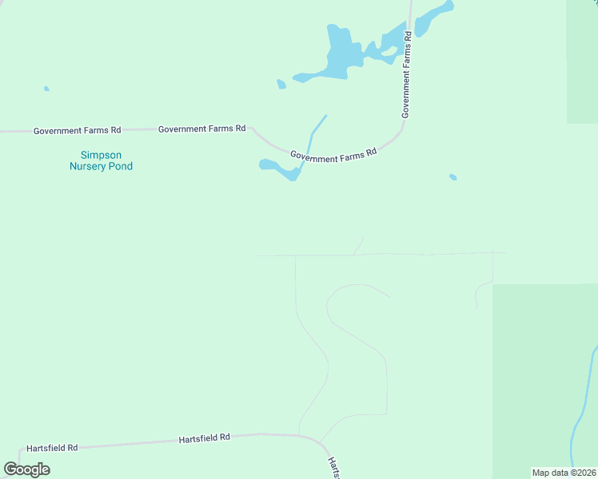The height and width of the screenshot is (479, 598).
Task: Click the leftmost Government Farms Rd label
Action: click(x=77, y=130)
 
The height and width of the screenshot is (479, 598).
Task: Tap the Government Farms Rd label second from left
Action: click(x=201, y=128)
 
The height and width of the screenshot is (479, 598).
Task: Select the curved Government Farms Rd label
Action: click(x=333, y=155)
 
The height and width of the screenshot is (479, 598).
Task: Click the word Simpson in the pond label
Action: click(x=101, y=155)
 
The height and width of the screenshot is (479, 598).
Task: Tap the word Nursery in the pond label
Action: click(x=89, y=166)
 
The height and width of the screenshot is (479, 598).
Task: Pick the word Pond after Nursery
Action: click(x=122, y=166)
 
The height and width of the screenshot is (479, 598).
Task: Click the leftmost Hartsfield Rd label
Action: click(x=52, y=448)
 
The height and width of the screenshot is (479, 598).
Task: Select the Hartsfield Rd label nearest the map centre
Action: click(x=204, y=437)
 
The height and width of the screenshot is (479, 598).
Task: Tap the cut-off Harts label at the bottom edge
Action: click(x=334, y=468)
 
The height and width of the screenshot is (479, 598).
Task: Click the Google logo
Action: click(x=26, y=469)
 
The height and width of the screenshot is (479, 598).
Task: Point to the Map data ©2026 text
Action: click(x=564, y=473)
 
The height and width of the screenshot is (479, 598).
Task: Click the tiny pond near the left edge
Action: click(x=46, y=88)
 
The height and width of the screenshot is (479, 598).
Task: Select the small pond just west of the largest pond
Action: click(x=281, y=84)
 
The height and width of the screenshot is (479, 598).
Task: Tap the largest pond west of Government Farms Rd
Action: click(x=340, y=56)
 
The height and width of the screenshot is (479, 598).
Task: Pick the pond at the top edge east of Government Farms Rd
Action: click(x=433, y=16)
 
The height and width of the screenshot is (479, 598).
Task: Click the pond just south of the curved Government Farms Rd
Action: click(x=277, y=168)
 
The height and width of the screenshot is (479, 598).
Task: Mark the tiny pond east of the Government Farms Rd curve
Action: click(x=453, y=176)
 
